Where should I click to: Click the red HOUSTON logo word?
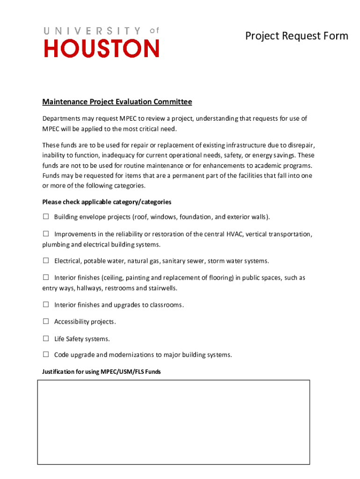(x=101, y=48)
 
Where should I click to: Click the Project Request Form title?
(x=297, y=36)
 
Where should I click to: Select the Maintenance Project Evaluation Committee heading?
(x=117, y=102)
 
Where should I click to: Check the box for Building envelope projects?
(x=46, y=217)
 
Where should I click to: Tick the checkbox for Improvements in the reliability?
(x=46, y=233)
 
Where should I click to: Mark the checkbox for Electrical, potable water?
(x=46, y=261)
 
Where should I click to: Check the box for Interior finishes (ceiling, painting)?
(x=46, y=277)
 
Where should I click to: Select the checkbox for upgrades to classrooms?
(x=46, y=305)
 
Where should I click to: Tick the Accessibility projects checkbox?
(x=46, y=321)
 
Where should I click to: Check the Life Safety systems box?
(x=46, y=338)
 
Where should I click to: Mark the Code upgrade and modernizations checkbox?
(x=46, y=355)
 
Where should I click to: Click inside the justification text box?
(x=173, y=422)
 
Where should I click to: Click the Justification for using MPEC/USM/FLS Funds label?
(x=101, y=372)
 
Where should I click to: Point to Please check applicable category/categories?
(x=107, y=202)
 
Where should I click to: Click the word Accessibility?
(x=72, y=322)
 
